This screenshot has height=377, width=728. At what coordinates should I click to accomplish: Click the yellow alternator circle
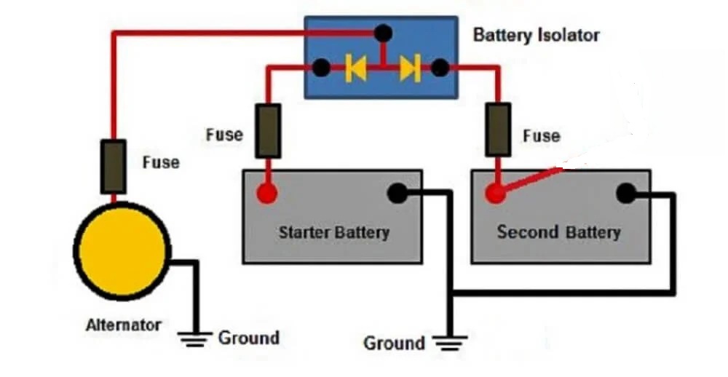pyautogui.click(x=122, y=251)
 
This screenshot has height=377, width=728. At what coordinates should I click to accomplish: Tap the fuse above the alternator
pyautogui.click(x=114, y=167)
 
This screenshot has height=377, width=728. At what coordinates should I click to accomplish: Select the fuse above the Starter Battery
pyautogui.click(x=268, y=131)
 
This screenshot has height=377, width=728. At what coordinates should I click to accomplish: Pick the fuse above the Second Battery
pyautogui.click(x=498, y=130)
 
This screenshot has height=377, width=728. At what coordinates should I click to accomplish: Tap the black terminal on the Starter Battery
pyautogui.click(x=397, y=193)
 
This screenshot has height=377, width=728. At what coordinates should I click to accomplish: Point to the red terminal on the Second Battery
pyautogui.click(x=495, y=193)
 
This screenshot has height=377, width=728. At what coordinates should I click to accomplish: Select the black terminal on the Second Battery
pyautogui.click(x=626, y=193)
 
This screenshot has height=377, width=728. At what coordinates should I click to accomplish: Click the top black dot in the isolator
pyautogui.click(x=383, y=33)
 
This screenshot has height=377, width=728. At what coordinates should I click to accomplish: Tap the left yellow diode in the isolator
pyautogui.click(x=356, y=68)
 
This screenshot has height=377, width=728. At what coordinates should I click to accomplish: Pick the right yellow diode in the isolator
pyautogui.click(x=410, y=68)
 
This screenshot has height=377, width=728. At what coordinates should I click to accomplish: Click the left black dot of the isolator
pyautogui.click(x=321, y=68)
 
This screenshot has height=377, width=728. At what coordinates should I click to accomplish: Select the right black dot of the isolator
pyautogui.click(x=440, y=68)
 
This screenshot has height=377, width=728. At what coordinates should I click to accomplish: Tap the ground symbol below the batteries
pyautogui.click(x=450, y=343)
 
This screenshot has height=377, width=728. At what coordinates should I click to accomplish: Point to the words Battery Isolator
pyautogui.click(x=537, y=35)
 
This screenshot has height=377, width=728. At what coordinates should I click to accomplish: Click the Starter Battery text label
pyautogui.click(x=334, y=232)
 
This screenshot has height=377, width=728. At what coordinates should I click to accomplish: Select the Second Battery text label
pyautogui.click(x=559, y=231)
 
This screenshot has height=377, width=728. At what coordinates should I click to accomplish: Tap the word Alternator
pyautogui.click(x=124, y=325)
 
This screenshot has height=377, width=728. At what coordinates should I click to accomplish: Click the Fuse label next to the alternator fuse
pyautogui.click(x=161, y=162)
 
